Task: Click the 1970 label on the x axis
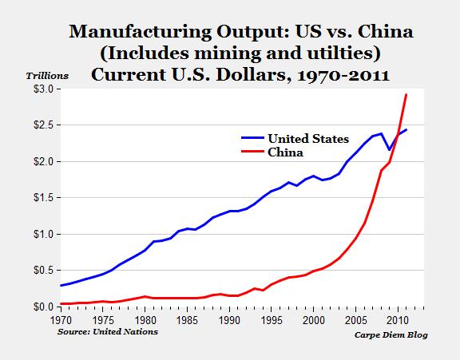[x=60, y=319]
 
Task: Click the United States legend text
[x=308, y=138]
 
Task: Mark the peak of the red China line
[x=406, y=95]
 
